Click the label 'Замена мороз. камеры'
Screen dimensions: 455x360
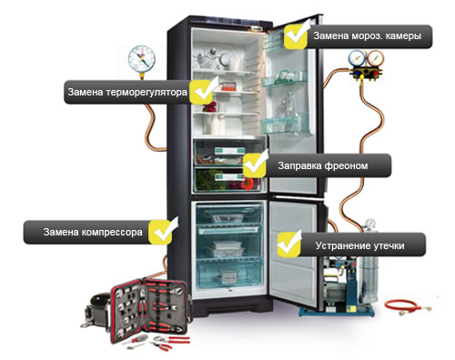[x=367, y=36]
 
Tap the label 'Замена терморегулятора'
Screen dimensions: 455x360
[x=127, y=92]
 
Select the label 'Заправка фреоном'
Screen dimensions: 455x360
[x=323, y=165]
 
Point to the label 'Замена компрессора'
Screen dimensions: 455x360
[x=93, y=232]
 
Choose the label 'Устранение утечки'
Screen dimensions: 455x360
[x=359, y=245]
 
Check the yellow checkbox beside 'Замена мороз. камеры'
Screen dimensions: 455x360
[x=296, y=36]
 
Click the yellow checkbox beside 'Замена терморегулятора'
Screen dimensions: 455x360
[x=201, y=92]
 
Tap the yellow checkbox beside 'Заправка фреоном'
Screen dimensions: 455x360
[x=255, y=165]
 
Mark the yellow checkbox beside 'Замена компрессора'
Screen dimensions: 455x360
[x=160, y=232]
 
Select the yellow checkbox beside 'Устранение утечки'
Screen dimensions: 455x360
[x=288, y=245]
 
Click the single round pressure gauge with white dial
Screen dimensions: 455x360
[x=141, y=59]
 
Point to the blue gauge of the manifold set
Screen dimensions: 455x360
[x=357, y=58]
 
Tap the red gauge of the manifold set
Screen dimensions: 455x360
[x=376, y=58]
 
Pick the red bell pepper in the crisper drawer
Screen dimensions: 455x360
[x=248, y=184]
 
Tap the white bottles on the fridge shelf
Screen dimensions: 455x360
[x=218, y=125]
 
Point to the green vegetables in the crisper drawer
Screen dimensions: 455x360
[x=207, y=179]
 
